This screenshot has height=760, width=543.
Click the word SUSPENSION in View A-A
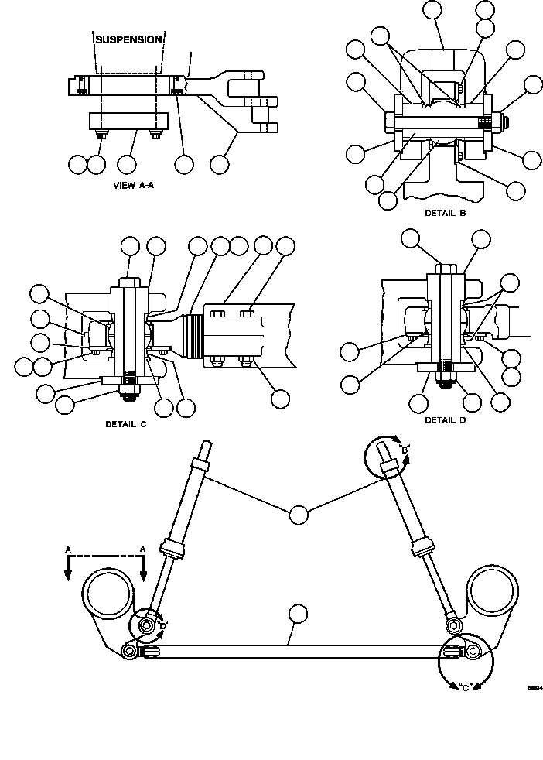coord(128,39)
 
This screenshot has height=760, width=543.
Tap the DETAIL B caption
coord(446,211)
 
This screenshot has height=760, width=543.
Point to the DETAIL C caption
coord(126,424)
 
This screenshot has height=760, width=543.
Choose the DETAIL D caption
coord(446,420)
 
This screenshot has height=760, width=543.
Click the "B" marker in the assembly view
coord(404,449)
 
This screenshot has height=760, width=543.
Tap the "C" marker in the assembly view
coord(465,686)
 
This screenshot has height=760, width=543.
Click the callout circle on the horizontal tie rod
coord(298,615)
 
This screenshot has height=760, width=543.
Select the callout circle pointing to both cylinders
coord(298,513)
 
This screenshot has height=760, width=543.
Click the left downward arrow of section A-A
coord(68,573)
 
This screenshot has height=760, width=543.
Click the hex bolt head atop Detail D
coord(445,271)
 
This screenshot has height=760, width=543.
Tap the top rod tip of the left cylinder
coord(207,448)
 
